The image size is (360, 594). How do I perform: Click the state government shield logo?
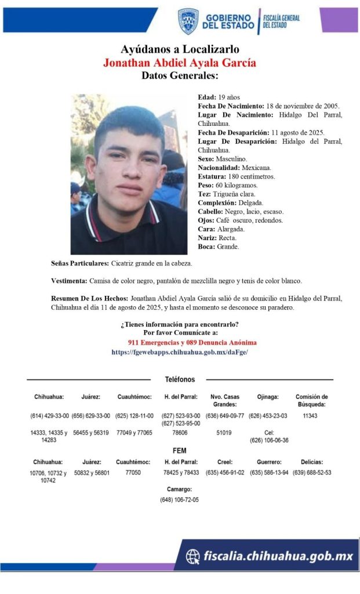(188, 21)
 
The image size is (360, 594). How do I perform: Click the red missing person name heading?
(179, 63)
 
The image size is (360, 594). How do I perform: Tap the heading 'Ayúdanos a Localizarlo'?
(180, 49)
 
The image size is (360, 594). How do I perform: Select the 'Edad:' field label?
(206, 97)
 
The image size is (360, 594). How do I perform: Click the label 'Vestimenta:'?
(69, 281)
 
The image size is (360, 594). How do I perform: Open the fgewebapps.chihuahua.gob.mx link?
(180, 352)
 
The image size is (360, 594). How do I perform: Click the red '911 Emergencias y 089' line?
(192, 343)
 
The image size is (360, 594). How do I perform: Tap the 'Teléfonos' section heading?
(180, 379)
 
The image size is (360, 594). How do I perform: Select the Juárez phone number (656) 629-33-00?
(90, 416)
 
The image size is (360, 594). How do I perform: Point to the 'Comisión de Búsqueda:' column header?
(311, 400)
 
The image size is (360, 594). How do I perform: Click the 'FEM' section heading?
(179, 450)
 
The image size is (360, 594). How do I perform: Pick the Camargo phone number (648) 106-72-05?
(179, 499)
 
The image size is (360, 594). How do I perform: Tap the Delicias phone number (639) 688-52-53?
(312, 473)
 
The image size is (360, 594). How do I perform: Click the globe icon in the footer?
(193, 557)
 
